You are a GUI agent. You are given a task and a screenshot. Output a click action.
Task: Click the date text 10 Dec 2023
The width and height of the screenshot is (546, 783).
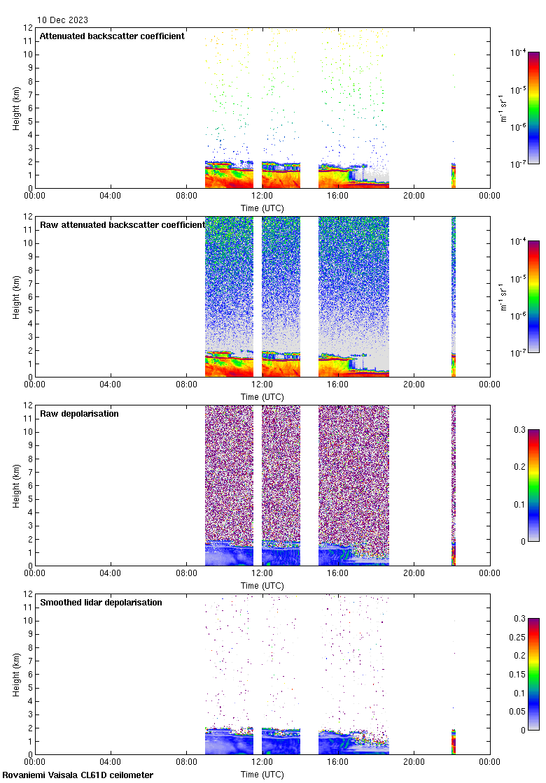click(x=63, y=20)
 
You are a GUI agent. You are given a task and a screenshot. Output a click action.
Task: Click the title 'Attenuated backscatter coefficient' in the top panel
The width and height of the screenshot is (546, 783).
click(x=112, y=36)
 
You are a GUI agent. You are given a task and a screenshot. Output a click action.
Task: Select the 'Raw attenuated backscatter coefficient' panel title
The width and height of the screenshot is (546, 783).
click(x=122, y=225)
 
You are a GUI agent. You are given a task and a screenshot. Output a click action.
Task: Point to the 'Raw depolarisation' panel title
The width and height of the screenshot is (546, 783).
click(x=79, y=414)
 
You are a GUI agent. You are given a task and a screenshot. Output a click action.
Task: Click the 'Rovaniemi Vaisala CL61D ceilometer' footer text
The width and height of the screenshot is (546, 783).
click(x=78, y=775)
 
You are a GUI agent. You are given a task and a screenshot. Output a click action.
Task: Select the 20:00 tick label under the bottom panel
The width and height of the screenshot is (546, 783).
click(x=414, y=762)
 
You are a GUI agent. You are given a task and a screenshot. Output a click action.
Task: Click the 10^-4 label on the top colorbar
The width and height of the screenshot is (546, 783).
click(x=519, y=52)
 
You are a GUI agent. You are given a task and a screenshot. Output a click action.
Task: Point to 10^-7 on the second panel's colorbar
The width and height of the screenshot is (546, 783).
click(x=519, y=353)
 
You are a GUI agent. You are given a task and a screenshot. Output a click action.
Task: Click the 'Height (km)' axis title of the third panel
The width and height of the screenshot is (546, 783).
click(x=16, y=485)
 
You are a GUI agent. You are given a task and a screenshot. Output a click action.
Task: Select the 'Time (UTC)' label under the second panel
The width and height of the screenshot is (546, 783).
click(x=262, y=397)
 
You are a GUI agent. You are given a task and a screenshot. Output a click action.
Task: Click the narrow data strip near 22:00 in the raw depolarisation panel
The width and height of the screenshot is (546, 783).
click(x=454, y=485)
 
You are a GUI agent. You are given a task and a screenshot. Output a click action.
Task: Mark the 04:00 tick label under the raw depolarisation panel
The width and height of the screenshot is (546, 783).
click(x=111, y=573)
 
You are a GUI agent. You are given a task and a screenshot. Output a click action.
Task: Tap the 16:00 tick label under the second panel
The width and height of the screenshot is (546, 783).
click(x=338, y=385)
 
